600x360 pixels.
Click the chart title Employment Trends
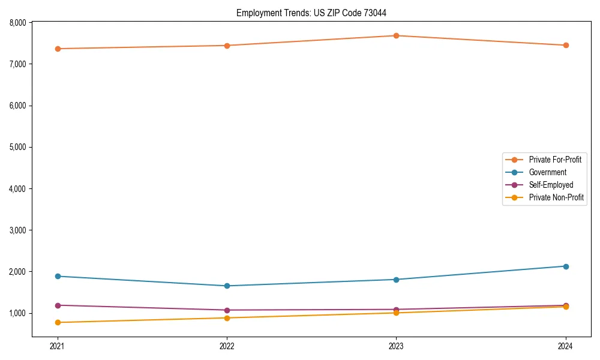316,13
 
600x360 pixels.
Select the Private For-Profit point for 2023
396,35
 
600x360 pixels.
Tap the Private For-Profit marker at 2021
58,49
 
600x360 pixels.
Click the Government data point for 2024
565,266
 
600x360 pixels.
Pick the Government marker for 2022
227,286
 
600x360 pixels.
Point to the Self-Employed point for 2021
58,305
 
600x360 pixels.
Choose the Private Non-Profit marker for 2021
58,322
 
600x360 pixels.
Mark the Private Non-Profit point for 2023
396,313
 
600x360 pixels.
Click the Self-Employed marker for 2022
227,310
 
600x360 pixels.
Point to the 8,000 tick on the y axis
18,23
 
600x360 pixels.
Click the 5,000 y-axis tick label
18,147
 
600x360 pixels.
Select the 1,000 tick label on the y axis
18,313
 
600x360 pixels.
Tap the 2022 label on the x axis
227,346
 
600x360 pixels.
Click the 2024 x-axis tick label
565,346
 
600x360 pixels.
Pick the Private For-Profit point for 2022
227,46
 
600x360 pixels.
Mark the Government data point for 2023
396,280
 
